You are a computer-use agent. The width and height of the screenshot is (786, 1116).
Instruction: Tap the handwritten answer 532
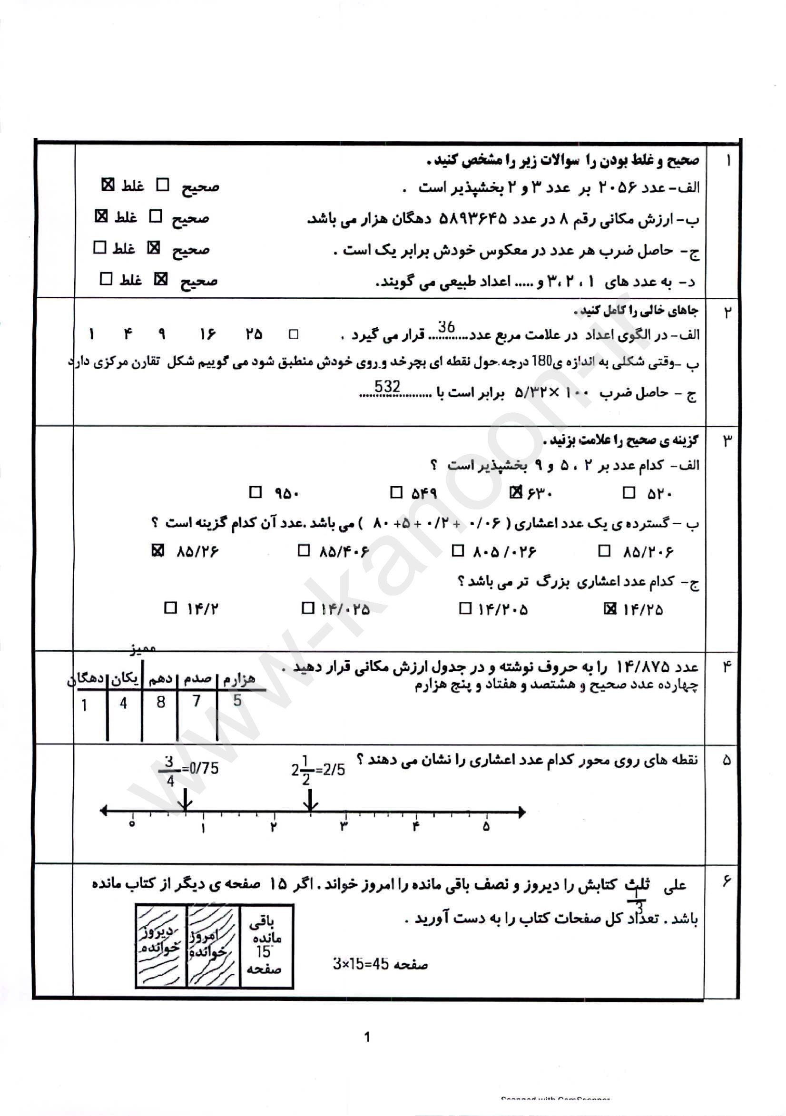(x=387, y=386)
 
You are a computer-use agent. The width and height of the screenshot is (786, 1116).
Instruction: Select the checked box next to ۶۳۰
(x=515, y=492)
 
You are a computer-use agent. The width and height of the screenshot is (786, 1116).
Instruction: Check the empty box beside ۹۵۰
(x=255, y=492)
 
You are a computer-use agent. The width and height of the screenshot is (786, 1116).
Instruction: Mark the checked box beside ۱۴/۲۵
(x=609, y=608)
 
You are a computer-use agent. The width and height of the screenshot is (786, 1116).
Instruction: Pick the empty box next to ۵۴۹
(x=396, y=492)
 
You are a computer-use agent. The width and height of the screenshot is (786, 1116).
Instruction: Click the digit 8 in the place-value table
(x=161, y=702)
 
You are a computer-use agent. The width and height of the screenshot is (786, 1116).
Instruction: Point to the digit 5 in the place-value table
(x=237, y=700)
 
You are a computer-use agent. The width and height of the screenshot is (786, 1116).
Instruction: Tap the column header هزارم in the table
(x=239, y=679)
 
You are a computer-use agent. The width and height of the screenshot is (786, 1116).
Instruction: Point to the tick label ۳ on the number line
(x=344, y=827)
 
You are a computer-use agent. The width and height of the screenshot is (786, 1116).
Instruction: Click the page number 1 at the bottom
(x=367, y=1037)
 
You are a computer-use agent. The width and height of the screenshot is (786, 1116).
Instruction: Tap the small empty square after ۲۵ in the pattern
(x=293, y=334)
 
